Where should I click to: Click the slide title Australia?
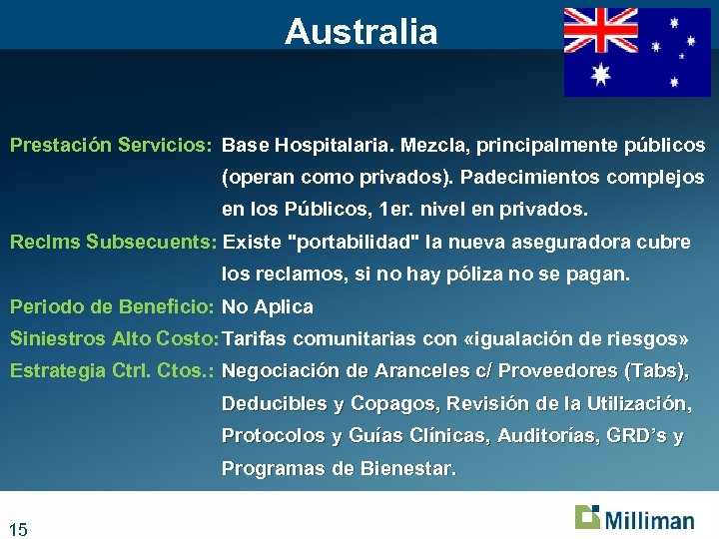tap(360, 32)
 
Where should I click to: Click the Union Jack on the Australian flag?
tap(601, 30)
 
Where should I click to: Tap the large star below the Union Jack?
tap(601, 74)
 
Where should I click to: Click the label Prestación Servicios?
tap(111, 146)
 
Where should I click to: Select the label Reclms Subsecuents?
tap(114, 243)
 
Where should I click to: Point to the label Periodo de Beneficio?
tap(112, 307)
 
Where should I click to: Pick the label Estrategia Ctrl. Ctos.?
tap(113, 371)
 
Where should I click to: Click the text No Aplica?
tap(268, 307)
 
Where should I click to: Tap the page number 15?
tap(18, 529)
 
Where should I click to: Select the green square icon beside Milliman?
tap(587, 516)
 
